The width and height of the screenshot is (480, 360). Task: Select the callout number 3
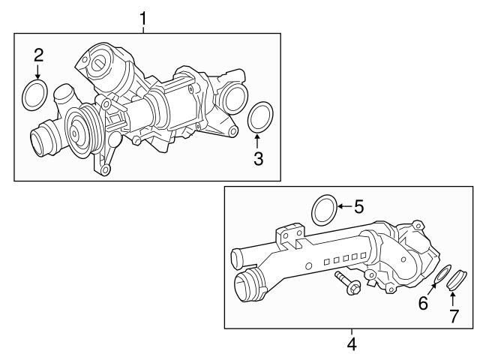click(x=258, y=158)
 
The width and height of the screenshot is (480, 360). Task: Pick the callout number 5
click(x=358, y=205)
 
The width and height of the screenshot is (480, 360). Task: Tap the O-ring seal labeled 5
click(x=324, y=209)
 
